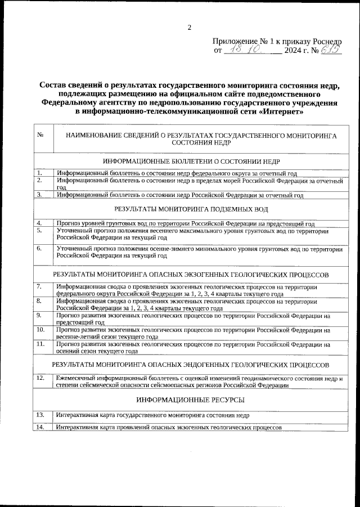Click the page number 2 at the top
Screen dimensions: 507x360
click(x=190, y=27)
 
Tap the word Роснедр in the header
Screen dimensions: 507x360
click(x=325, y=42)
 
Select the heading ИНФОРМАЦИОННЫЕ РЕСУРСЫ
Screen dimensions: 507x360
click(x=191, y=400)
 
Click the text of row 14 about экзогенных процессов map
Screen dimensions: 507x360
click(x=169, y=428)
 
